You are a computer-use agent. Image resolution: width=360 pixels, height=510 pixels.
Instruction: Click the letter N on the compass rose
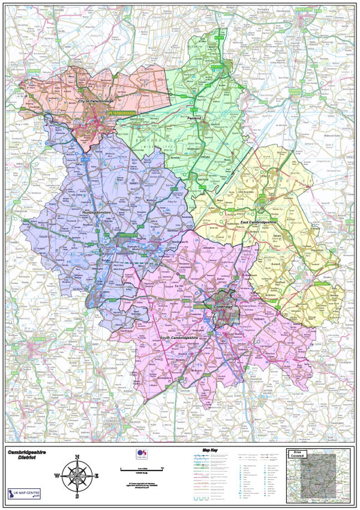77,457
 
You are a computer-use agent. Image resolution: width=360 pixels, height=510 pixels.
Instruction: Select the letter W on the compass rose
57,476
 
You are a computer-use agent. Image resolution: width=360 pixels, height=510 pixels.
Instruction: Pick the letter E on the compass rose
97,476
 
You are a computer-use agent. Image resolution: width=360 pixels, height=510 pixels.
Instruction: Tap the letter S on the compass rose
77,496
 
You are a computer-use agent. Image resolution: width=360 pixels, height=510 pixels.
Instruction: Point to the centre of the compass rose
77,476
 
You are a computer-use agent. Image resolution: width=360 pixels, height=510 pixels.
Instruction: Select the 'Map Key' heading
209,449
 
